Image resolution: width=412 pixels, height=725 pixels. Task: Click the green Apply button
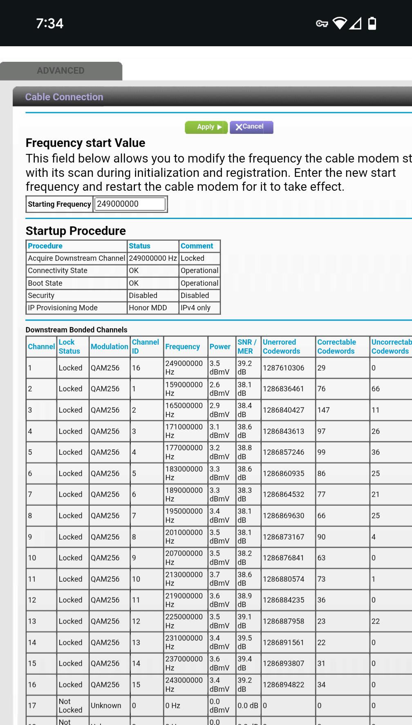(206, 127)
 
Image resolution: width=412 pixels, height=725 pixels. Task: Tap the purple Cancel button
(251, 127)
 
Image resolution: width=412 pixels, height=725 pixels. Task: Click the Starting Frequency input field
(130, 204)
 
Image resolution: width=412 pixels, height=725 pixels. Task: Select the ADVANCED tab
(60, 71)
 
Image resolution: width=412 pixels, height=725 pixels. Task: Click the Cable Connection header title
(64, 97)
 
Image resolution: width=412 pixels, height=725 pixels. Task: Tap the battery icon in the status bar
(372, 23)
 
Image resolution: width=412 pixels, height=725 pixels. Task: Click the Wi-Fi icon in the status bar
(339, 23)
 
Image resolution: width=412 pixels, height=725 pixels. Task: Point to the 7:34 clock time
(49, 23)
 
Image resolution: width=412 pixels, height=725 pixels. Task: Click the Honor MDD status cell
(148, 308)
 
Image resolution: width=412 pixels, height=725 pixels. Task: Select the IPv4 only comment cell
(195, 308)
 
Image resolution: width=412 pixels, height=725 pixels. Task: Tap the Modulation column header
(109, 347)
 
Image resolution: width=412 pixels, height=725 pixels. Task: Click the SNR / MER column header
(247, 347)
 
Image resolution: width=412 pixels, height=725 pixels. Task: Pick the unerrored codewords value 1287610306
(283, 368)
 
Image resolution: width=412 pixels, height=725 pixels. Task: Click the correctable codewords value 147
(323, 410)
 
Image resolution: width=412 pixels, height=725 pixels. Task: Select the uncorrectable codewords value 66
(376, 389)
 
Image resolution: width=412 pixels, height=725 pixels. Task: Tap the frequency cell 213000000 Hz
(184, 579)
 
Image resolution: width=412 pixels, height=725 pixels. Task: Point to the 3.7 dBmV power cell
(219, 579)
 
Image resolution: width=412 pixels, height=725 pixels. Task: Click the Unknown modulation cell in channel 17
(106, 706)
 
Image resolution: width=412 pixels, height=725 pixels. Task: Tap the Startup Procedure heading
(76, 231)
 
